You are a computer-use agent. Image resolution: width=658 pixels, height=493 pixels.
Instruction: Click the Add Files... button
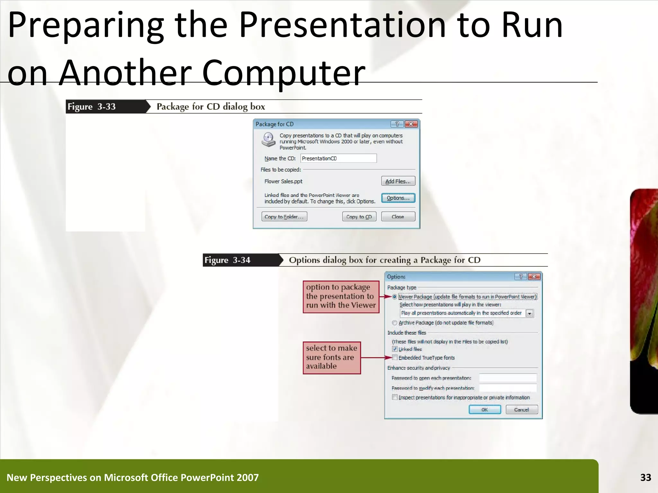point(398,181)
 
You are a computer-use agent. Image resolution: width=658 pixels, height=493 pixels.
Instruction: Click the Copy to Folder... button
point(284,217)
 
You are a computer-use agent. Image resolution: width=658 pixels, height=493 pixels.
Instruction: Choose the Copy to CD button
point(359,217)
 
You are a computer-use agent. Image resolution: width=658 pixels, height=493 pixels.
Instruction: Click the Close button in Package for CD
point(398,217)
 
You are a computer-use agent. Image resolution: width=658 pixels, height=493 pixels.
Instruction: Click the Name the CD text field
point(338,158)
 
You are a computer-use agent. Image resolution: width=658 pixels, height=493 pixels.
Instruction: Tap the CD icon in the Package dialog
point(268,140)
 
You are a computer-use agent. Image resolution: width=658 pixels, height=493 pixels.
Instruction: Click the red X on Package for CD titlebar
point(411,124)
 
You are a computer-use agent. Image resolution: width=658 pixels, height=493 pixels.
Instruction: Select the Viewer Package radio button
point(395,297)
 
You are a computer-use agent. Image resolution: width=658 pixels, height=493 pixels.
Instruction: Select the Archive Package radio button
point(395,323)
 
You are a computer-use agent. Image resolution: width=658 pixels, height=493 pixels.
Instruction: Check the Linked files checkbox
point(395,349)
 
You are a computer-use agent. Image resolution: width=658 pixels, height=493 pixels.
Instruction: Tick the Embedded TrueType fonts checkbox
point(395,358)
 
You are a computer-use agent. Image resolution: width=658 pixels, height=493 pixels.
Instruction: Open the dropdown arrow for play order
point(529,313)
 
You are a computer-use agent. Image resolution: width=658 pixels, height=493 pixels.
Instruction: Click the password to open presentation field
point(508,378)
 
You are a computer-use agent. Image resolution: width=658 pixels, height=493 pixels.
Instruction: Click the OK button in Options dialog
point(485,410)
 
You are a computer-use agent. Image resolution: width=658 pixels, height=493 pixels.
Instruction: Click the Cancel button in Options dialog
point(521,410)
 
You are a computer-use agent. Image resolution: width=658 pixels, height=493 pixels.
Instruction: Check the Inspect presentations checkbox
point(395,397)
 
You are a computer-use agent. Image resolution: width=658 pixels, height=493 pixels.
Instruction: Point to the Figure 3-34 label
point(227,260)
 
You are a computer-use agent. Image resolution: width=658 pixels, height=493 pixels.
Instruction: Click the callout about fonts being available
point(332,358)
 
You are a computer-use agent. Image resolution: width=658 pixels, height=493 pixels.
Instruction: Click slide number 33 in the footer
point(645,477)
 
